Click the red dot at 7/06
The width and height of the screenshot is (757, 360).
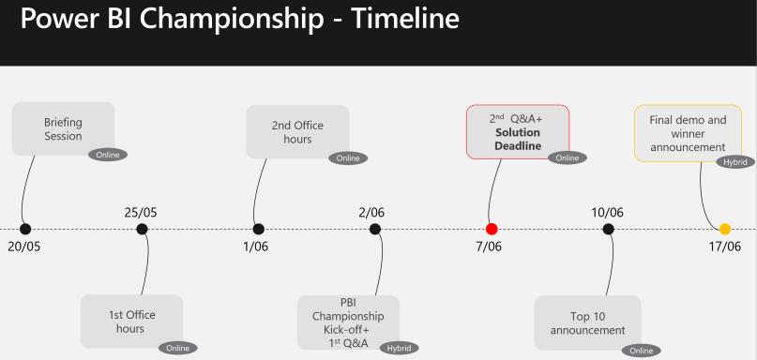coord(492,229)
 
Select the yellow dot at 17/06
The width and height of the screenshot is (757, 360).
coord(725,229)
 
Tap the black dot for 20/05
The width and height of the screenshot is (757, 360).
coord(25,229)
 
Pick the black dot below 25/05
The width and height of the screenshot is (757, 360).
coord(142,229)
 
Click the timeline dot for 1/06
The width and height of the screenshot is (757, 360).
coord(259,229)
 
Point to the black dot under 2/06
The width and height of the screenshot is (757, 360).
coord(375,229)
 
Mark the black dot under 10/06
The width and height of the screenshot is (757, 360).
coord(609,229)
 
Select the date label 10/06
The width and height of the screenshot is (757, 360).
coord(608,212)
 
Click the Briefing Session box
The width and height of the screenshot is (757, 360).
coord(63,128)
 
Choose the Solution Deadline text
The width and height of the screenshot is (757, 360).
coord(518,140)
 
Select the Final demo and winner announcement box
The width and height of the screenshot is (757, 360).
coord(688,133)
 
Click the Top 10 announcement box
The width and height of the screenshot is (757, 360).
coord(587,322)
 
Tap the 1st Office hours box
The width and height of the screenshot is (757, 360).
coord(130,322)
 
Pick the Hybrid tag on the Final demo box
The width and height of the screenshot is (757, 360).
coord(734,162)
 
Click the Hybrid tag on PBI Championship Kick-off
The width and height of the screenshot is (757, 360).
coord(400,348)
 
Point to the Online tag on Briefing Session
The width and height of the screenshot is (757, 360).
coord(108,155)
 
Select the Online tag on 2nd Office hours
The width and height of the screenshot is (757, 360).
coord(347,157)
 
